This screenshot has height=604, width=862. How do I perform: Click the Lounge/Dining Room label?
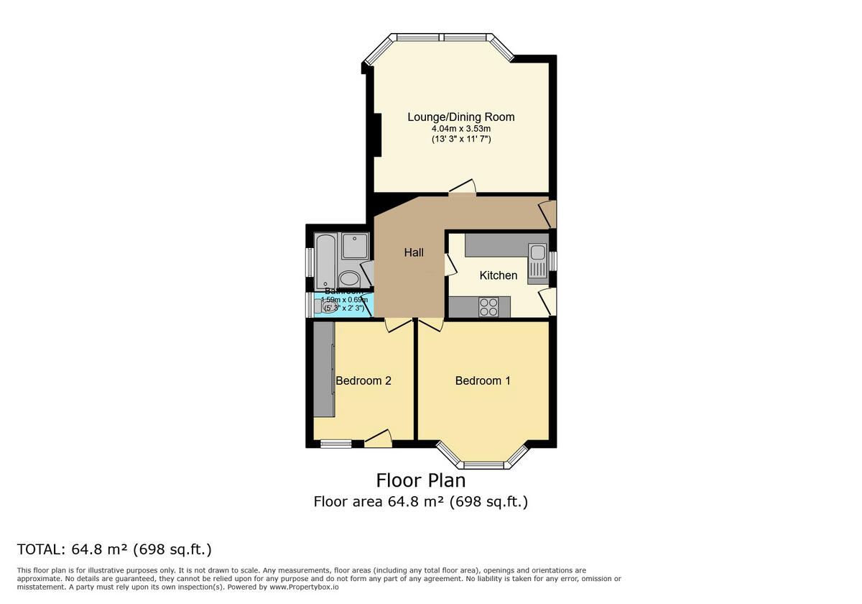click(460, 117)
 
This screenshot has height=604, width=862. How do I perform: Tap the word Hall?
click(414, 252)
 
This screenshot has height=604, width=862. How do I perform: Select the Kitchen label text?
click(498, 275)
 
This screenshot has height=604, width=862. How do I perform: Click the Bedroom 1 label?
click(483, 380)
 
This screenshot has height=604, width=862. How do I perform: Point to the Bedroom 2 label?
click(363, 380)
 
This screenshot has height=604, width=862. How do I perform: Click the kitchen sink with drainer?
click(537, 263)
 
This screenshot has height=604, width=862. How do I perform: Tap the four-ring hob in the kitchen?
click(489, 306)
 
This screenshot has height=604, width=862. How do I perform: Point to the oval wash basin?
click(350, 279)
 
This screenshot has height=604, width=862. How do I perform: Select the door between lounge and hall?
click(463, 188)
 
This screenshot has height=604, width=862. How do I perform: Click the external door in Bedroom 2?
click(378, 439)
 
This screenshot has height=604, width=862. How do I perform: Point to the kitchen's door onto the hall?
click(450, 265)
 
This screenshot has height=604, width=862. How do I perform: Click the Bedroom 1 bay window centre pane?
click(483, 464)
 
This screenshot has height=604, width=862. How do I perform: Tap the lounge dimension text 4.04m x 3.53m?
click(460, 128)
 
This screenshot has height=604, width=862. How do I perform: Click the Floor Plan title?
click(421, 480)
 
